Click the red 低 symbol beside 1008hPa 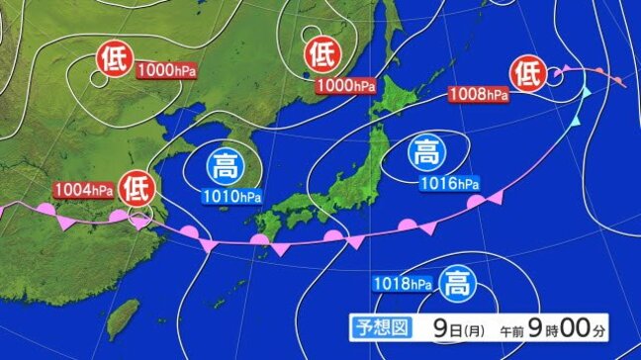pos(527,72)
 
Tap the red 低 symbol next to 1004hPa pos(136,185)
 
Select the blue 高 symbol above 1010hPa pos(227,164)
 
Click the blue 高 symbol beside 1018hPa pos(457,284)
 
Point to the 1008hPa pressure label pos(478,95)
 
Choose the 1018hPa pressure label pos(404,285)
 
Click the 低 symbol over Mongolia pos(111,60)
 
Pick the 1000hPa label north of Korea pos(346,86)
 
